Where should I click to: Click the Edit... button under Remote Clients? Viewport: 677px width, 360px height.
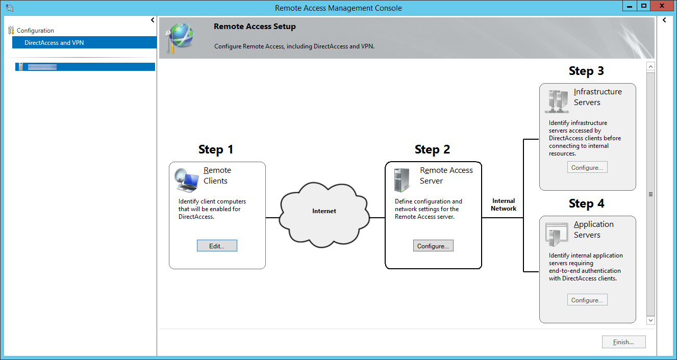coord(217,246)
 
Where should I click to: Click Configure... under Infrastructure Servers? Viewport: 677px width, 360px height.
coord(587,167)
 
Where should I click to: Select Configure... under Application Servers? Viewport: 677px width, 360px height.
coord(587,300)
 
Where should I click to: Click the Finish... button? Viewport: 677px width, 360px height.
coord(623,342)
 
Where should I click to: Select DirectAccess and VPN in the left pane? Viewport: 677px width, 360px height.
coord(54,43)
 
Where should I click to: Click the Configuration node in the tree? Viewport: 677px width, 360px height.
coord(35,31)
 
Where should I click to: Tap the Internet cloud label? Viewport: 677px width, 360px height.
coord(324,211)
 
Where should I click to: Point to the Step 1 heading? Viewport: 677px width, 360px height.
coord(216,149)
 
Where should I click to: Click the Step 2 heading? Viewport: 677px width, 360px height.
coord(432,149)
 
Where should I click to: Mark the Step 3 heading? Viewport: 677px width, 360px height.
coord(586,71)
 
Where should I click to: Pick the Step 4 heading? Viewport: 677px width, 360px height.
coord(586,203)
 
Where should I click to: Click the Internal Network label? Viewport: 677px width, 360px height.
coord(504,204)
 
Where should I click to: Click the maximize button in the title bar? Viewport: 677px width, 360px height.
coord(643,6)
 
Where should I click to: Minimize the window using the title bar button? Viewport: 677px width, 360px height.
coord(630,6)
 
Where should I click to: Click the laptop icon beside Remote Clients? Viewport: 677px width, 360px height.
coord(186,179)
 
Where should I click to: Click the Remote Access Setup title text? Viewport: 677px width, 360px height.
coord(255,27)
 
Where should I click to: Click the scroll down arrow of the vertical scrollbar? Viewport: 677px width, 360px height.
coord(650,320)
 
